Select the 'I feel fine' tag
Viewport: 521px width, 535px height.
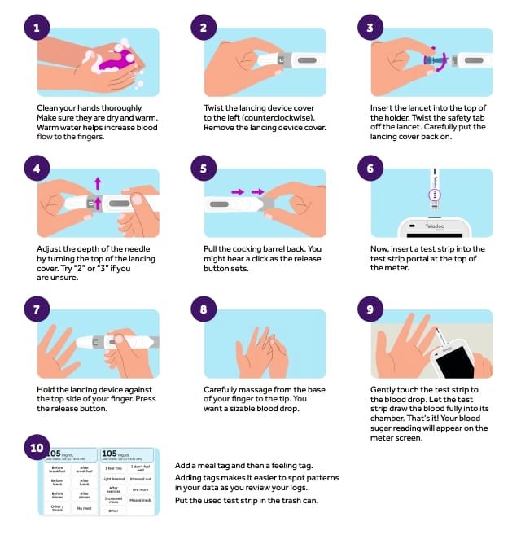click(114, 468)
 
